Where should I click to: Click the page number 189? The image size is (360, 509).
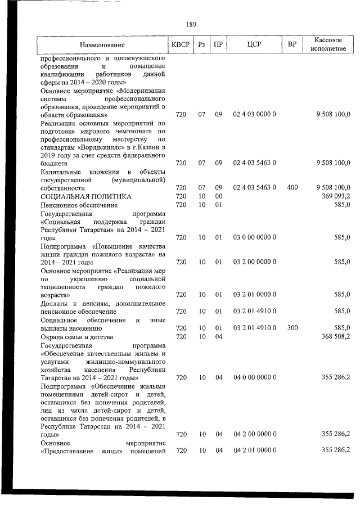click(191, 24)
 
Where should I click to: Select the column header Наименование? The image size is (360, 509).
click(102, 44)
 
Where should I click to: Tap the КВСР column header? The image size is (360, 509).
click(180, 44)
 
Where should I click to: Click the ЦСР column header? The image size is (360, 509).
click(254, 44)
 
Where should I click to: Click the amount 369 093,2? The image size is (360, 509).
click(336, 196)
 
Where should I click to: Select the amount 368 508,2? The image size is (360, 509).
click(336, 336)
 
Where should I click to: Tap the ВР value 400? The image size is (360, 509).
click(292, 187)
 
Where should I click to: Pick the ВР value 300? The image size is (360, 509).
click(292, 327)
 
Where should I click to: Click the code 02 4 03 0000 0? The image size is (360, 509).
click(254, 115)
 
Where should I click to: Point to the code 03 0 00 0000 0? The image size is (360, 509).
click(254, 238)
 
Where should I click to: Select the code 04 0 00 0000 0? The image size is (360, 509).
click(254, 378)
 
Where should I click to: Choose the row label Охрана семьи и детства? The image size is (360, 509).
click(77, 336)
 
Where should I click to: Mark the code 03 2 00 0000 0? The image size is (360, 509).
click(254, 262)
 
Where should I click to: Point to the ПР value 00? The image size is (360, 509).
click(219, 196)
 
